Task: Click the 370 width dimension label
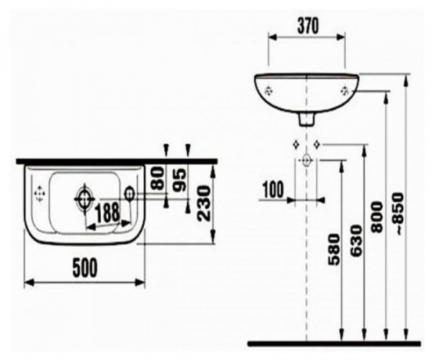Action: pos(307,25)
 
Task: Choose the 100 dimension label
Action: pos(273,189)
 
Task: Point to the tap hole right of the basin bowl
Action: pos(130,193)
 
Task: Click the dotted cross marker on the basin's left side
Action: pos(40,193)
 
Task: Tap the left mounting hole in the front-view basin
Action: pos(269,91)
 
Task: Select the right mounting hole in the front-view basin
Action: pos(345,91)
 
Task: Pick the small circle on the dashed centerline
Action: pos(307,160)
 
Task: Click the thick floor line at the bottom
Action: pos(333,343)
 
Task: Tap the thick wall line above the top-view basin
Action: pos(115,161)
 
